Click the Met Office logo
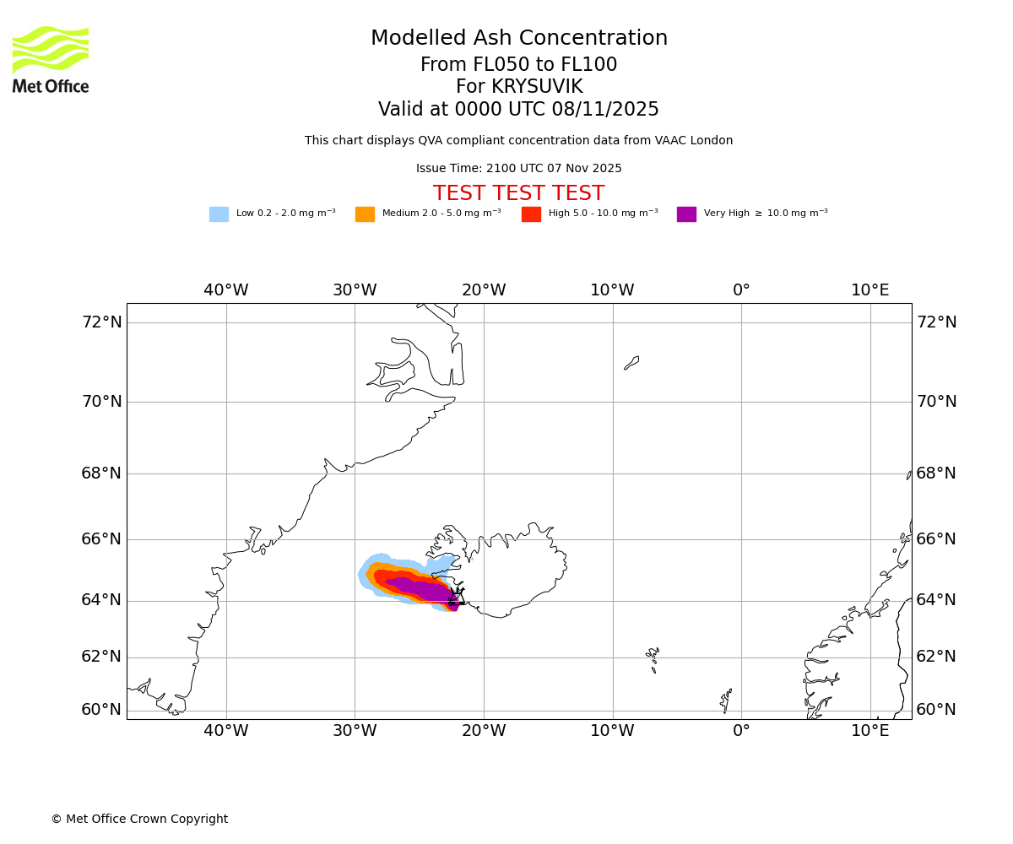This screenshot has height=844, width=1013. [x=51, y=59]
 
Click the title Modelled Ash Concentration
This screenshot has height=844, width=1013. [x=519, y=39]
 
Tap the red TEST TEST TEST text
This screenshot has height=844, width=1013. [x=519, y=194]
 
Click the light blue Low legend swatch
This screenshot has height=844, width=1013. [x=219, y=214]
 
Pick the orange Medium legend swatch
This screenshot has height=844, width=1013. [x=365, y=214]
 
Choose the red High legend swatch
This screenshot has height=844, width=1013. [x=531, y=214]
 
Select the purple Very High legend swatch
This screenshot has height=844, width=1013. [x=686, y=214]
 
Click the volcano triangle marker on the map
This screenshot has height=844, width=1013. [x=457, y=598]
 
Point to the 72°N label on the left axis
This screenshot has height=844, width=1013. [x=101, y=322]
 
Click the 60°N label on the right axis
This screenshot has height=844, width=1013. [x=936, y=710]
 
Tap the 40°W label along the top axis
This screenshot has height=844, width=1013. [x=226, y=290]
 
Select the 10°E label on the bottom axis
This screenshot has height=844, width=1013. [x=870, y=731]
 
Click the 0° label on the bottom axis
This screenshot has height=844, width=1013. [x=741, y=731]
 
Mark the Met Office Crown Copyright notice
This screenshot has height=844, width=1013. [x=139, y=820]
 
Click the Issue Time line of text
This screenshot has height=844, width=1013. [x=519, y=169]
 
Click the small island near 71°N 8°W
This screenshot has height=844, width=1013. [x=631, y=363]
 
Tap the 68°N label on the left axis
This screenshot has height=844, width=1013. [x=101, y=473]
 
